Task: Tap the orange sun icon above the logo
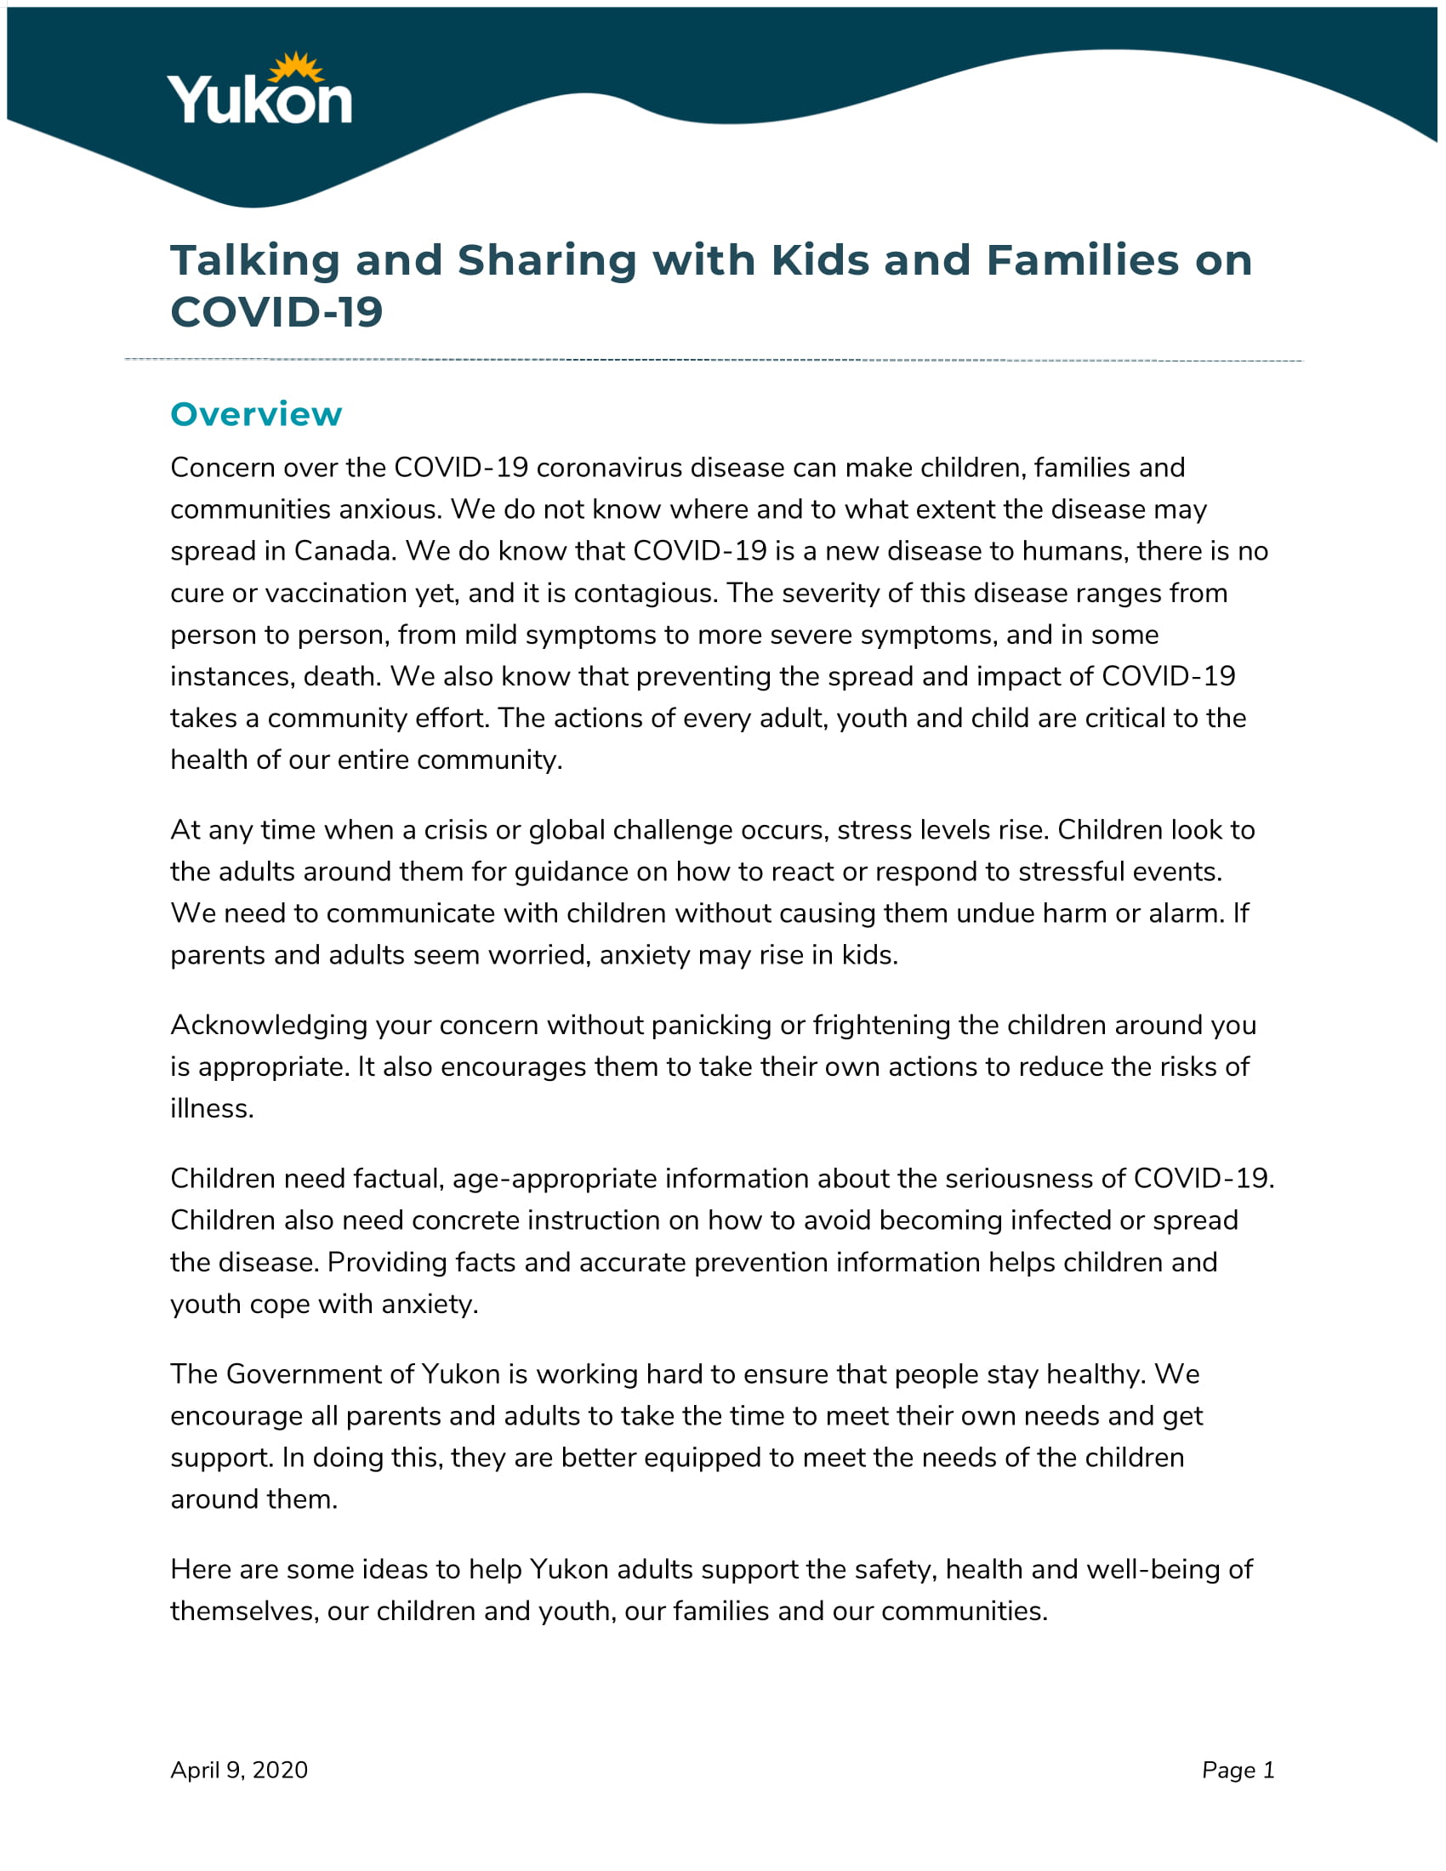tap(295, 69)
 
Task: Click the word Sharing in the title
tap(547, 260)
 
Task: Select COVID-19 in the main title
tap(276, 312)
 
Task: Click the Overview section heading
tap(256, 415)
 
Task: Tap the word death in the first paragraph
tap(341, 677)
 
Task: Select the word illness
tap(212, 1109)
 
